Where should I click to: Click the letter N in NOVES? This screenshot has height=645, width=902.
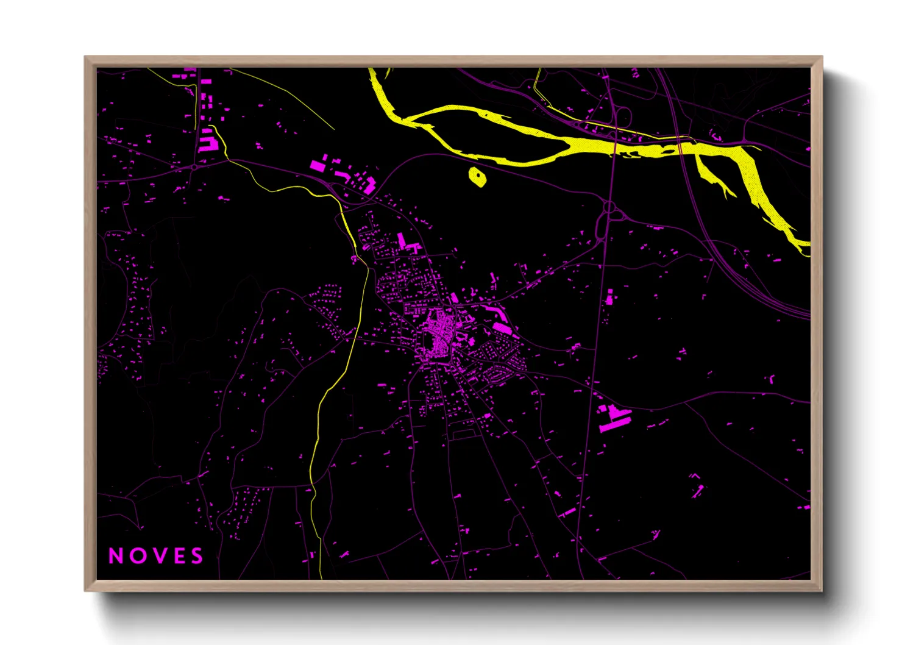point(115,556)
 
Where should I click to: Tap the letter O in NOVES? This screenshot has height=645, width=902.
point(136,556)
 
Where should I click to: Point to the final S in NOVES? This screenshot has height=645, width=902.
point(197,556)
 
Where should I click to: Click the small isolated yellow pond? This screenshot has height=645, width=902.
point(477,177)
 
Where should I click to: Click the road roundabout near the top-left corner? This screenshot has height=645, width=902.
point(194,166)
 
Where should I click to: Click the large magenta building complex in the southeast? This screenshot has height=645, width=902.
point(614,418)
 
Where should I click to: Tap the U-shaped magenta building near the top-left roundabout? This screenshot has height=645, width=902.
point(208,143)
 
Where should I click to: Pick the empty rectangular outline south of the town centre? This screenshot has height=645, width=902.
point(463,434)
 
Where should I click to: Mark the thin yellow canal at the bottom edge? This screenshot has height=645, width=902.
point(319,570)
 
